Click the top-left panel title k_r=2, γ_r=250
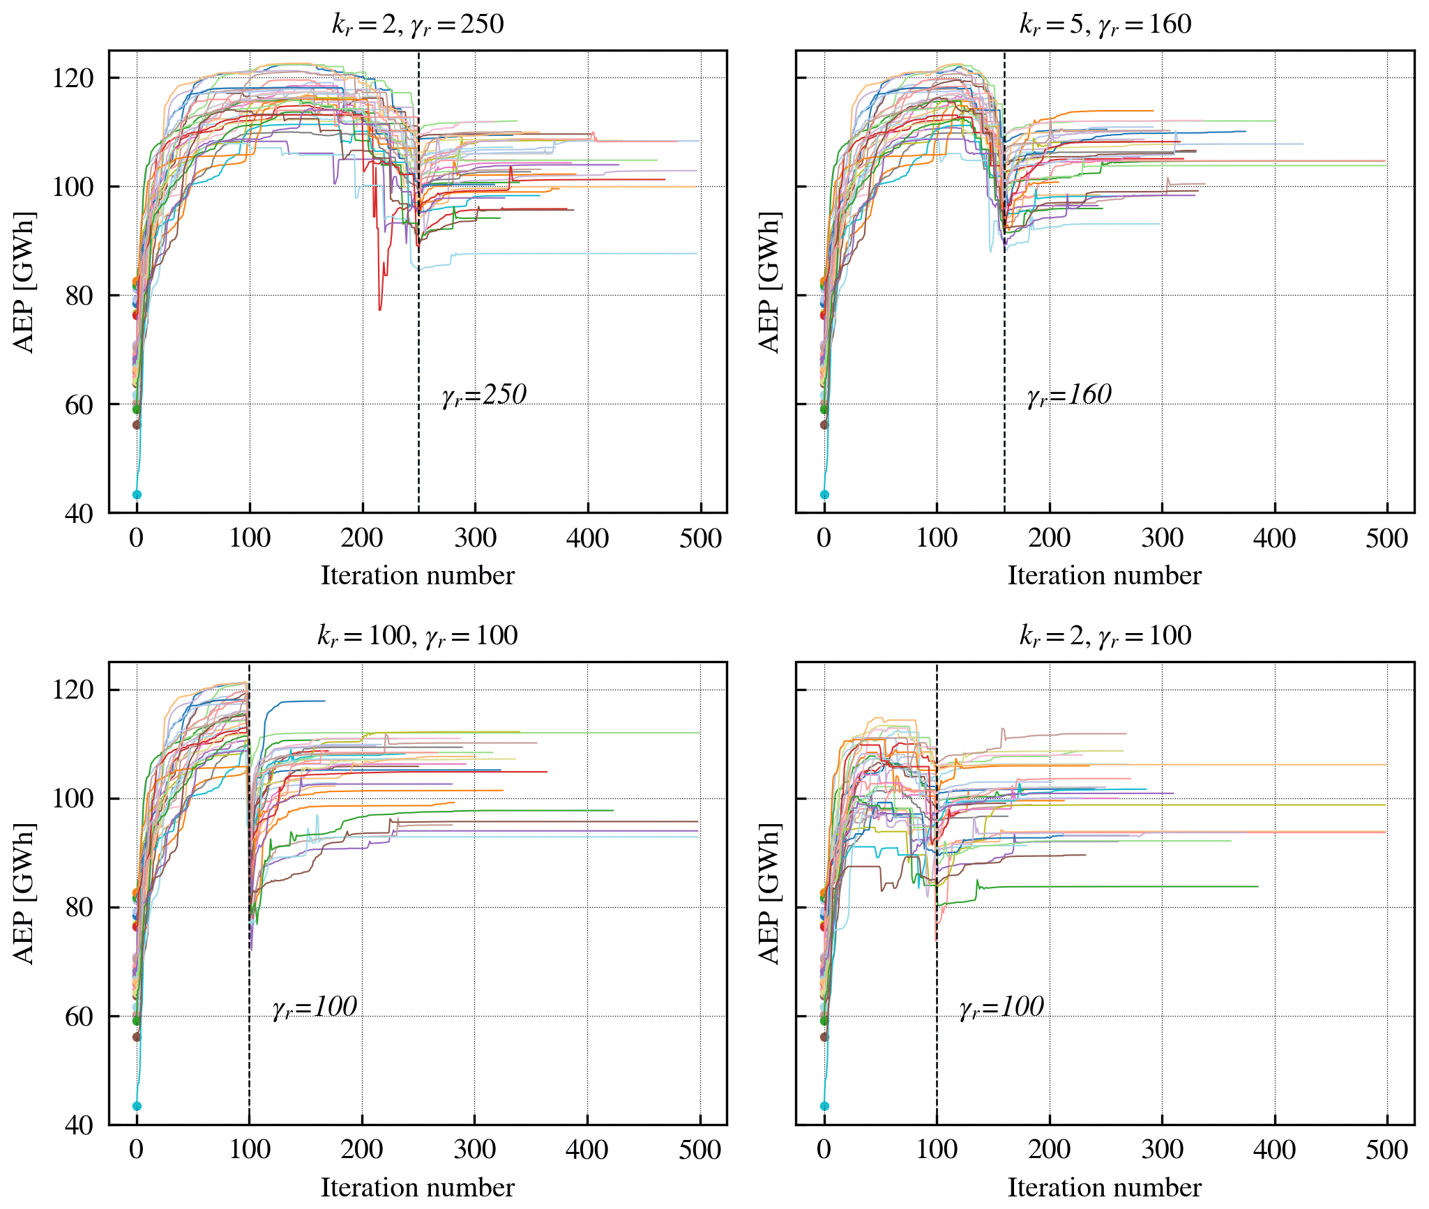pos(417,25)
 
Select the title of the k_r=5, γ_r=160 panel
pos(1105,25)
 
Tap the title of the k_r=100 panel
pos(417,636)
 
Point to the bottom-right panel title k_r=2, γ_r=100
pos(1105,636)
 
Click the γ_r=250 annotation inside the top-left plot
pos(484,395)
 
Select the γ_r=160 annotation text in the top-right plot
pos(1069,395)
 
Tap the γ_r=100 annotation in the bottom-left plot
pos(315,1007)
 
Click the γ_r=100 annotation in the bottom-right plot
pos(1001,1007)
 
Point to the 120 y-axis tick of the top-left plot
pos(73,78)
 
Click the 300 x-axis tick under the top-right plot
pos(1162,538)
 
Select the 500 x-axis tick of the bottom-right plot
pos(1386,1150)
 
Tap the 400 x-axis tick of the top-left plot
pos(587,538)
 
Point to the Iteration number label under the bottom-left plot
pos(417,1187)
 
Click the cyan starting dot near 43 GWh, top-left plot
pos(137,494)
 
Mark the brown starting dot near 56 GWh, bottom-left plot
pos(137,1037)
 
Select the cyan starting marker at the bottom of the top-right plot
pos(824,494)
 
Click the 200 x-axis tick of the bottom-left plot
pos(362,1150)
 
